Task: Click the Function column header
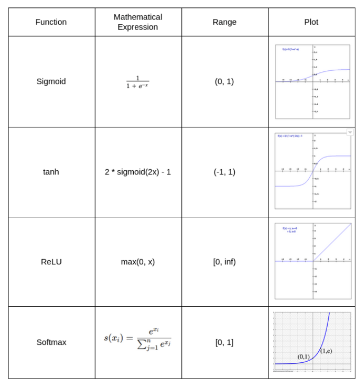point(51,22)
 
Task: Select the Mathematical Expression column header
point(138,22)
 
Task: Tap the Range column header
point(225,22)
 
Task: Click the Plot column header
point(311,22)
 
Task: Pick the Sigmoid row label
point(51,81)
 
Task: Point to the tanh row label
point(51,172)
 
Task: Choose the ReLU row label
point(51,262)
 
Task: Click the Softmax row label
point(51,342)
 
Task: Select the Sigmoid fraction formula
point(137,82)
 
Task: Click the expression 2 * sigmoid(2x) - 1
point(137,172)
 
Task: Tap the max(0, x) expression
point(137,262)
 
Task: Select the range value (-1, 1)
point(225,172)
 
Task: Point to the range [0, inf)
point(225,262)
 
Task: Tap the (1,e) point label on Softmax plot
point(327,351)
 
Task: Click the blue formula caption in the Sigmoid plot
point(290,49)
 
